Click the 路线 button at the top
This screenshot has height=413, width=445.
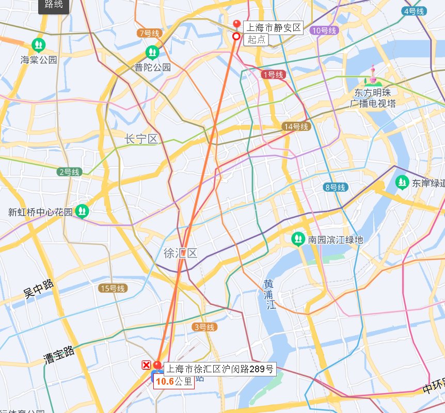[x=54, y=5]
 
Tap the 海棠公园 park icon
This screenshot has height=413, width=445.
[x=38, y=45]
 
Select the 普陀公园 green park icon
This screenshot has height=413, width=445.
[x=152, y=52]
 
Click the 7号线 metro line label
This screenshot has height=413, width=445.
[x=150, y=34]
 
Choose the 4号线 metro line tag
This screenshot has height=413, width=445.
[x=415, y=11]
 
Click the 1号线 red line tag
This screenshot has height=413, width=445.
[x=273, y=75]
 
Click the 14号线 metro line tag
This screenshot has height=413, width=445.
[x=296, y=127]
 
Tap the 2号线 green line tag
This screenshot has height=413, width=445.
[x=69, y=172]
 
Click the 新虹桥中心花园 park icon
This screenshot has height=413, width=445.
[x=82, y=211]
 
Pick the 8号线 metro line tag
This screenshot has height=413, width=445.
[x=336, y=187]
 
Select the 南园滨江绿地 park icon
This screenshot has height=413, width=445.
[x=298, y=239]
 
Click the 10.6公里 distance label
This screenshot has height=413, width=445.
[x=174, y=382]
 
